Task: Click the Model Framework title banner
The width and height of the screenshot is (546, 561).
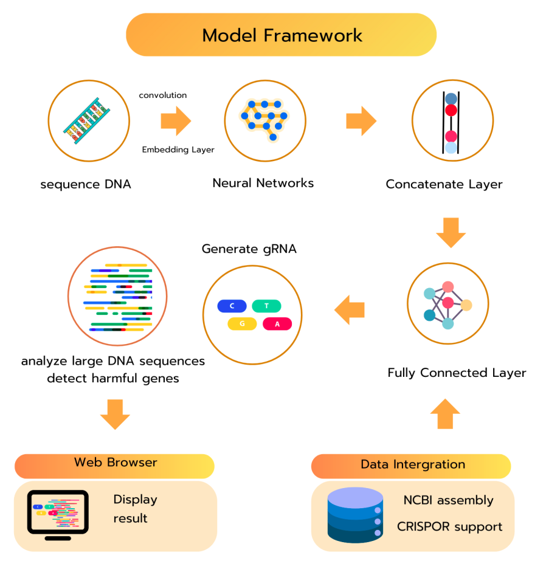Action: click(281, 35)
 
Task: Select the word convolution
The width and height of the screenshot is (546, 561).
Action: click(163, 95)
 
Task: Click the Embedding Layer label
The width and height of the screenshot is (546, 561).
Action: click(178, 150)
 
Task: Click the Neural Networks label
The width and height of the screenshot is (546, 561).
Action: click(263, 183)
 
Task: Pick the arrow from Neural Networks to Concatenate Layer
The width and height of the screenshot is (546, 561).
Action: click(361, 120)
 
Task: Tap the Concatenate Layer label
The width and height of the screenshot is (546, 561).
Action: click(444, 184)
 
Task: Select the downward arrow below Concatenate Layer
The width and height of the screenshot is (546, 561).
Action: click(451, 232)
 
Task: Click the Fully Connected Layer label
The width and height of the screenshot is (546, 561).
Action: click(457, 373)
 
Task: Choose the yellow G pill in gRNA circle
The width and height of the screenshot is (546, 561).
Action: click(242, 324)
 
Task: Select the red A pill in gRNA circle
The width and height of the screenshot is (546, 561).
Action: click(277, 324)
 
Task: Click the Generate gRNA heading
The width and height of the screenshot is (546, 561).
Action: click(249, 249)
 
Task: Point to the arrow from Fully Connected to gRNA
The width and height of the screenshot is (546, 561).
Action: click(350, 309)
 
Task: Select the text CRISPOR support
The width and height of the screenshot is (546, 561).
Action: click(450, 526)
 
